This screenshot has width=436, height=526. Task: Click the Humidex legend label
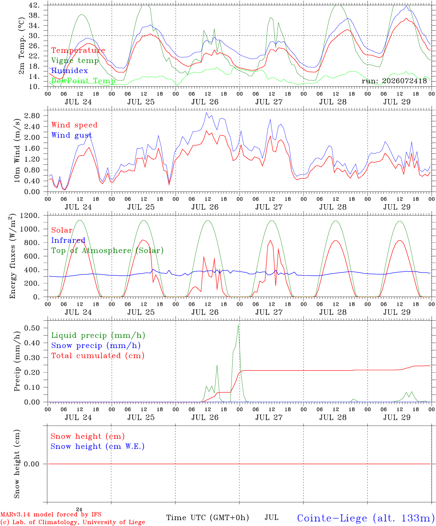click(x=69, y=70)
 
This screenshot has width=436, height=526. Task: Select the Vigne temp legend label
click(x=75, y=61)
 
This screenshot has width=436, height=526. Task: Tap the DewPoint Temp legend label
click(x=83, y=81)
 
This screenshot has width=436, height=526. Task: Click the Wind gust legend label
click(x=72, y=135)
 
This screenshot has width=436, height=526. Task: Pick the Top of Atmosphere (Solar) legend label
click(x=107, y=251)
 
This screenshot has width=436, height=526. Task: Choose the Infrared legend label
click(x=68, y=240)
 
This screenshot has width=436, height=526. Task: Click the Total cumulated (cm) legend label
click(x=98, y=355)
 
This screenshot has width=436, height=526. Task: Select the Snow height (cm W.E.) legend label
click(x=97, y=446)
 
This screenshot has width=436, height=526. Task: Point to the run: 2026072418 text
click(x=394, y=81)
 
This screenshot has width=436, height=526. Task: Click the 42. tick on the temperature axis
click(x=34, y=5)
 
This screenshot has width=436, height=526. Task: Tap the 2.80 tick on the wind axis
click(x=32, y=116)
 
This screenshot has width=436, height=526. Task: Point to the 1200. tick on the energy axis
click(x=30, y=216)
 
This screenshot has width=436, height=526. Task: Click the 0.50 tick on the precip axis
click(x=32, y=328)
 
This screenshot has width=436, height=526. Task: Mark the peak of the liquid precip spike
click(x=238, y=325)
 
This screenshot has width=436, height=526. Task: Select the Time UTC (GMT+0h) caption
click(x=207, y=518)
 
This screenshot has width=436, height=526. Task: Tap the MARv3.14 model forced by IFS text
click(x=51, y=514)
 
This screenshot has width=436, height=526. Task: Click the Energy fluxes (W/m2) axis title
click(x=12, y=256)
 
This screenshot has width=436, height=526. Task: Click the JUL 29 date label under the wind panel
click(x=397, y=207)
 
